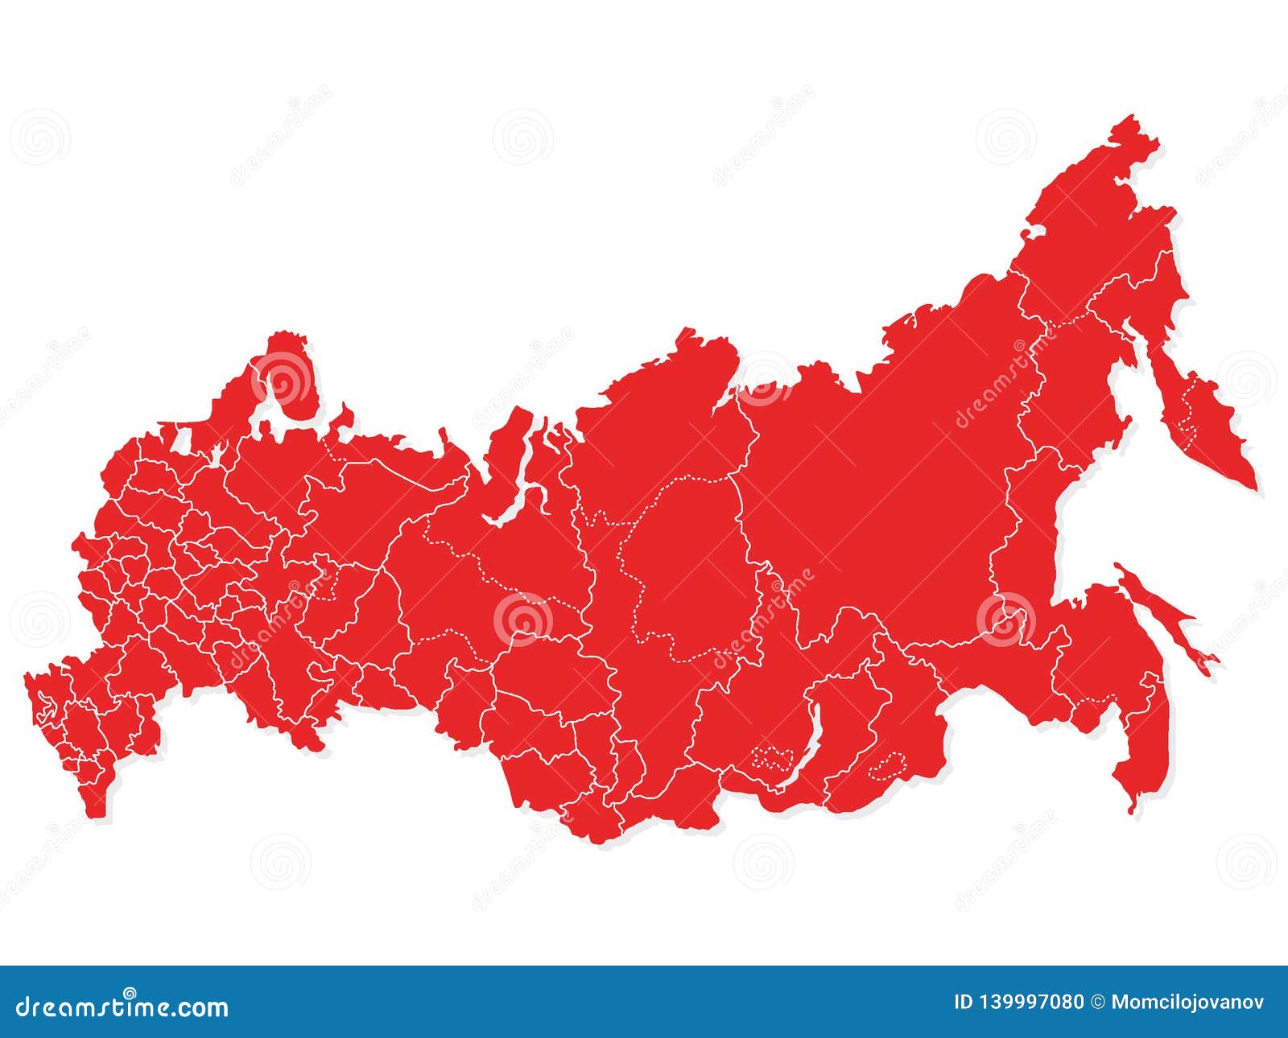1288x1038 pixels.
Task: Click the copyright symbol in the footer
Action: pos(1100,1003)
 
